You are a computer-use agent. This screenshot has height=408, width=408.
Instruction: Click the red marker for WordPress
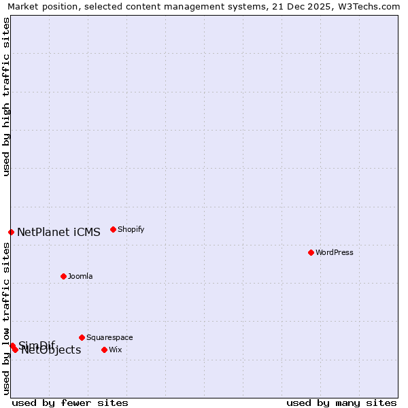311,252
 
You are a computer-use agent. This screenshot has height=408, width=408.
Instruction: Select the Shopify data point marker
113,229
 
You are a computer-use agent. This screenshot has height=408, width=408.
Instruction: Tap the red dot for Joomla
63,276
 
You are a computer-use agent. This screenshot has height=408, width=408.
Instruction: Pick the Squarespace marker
82,337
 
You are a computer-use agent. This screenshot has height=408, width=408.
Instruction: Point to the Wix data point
104,350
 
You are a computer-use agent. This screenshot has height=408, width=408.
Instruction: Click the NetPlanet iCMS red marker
11,232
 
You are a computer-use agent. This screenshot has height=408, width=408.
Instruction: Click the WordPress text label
335,252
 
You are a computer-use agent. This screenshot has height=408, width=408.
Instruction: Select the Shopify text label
131,229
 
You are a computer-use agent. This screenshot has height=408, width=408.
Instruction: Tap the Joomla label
80,276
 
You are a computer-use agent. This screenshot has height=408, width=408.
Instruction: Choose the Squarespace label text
109,337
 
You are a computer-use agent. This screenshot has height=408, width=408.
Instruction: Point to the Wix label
116,350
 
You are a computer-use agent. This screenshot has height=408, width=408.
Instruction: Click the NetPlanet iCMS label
58,232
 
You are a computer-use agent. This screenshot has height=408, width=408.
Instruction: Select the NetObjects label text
51,350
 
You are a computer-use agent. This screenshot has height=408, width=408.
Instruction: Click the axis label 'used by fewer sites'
70,403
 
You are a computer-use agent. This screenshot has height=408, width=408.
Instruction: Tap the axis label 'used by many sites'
341,403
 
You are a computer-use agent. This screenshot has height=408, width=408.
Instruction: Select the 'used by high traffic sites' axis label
6,97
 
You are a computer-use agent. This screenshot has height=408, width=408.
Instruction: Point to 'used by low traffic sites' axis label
6,318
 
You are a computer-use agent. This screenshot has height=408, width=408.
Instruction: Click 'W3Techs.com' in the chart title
372,6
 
